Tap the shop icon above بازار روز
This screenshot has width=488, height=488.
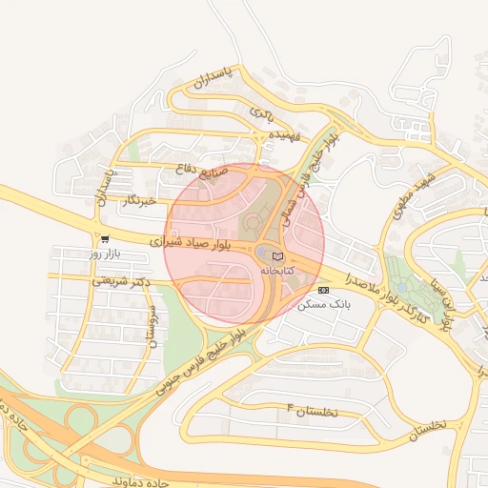click(104, 239)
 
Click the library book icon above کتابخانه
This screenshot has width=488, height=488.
click(277, 256)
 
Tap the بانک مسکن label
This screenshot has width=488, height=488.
click(325, 304)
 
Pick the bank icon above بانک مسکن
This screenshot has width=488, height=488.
click(323, 290)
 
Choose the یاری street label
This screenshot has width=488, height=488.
click(260, 112)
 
